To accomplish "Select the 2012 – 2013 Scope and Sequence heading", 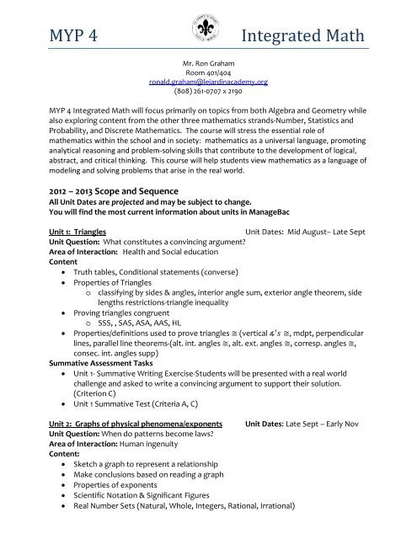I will tap(109, 191).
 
